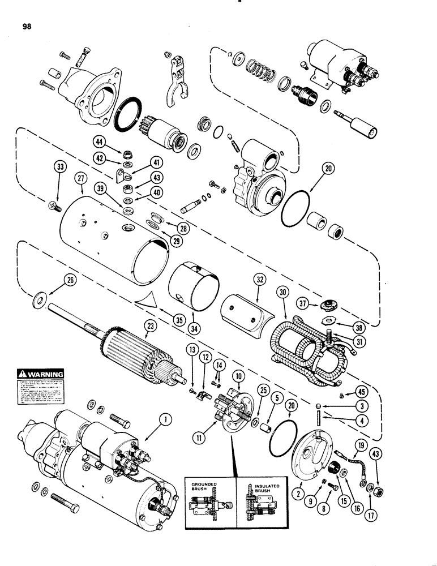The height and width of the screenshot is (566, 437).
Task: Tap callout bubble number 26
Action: [71, 281]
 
